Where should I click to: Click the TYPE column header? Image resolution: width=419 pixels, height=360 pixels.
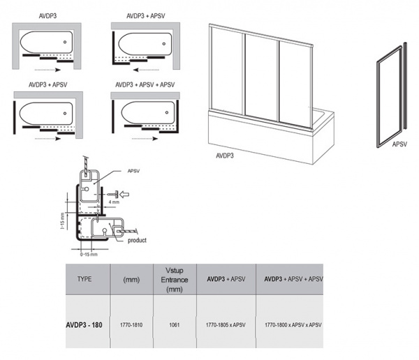tap(84, 279)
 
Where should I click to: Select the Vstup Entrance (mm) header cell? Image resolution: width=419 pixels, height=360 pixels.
tap(175, 280)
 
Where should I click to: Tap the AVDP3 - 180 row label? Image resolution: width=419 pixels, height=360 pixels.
tap(84, 325)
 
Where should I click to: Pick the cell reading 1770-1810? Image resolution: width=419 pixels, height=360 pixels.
tap(131, 325)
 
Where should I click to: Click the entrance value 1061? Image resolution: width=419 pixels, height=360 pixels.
tap(175, 325)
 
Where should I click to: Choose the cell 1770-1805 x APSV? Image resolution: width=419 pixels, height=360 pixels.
tap(226, 325)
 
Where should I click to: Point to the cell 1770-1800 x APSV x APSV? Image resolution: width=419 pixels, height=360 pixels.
tap(293, 325)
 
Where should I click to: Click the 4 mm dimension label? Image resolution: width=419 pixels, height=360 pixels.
tap(114, 202)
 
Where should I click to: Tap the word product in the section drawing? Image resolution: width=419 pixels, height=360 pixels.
tap(137, 241)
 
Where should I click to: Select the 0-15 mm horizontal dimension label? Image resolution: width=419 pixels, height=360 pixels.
tap(89, 255)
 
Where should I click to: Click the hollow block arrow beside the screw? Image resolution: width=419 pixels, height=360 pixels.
tap(124, 194)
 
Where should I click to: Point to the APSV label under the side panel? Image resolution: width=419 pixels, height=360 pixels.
tap(399, 144)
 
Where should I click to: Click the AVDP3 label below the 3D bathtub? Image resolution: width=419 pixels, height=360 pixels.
tap(225, 156)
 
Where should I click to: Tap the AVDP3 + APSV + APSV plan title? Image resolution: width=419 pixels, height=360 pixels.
tap(145, 85)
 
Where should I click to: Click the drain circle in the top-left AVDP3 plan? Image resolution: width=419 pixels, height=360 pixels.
tap(65, 42)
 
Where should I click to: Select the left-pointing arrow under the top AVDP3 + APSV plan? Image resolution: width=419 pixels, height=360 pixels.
tap(146, 70)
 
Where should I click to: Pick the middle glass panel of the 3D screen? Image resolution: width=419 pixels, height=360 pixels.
tap(260, 77)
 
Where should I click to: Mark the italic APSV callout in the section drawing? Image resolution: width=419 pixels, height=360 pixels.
tap(133, 171)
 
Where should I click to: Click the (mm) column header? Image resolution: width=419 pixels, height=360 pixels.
tap(131, 280)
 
